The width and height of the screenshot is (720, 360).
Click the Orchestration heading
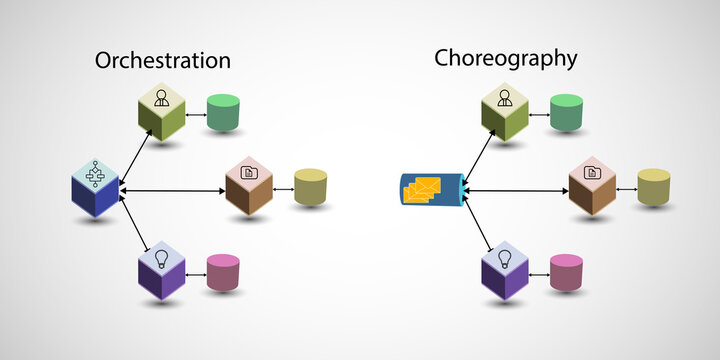coord(162,61)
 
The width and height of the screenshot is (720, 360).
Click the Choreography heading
coord(505,58)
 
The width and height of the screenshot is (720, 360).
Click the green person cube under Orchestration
coord(161,112)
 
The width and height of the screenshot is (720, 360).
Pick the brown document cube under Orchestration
coord(249,186)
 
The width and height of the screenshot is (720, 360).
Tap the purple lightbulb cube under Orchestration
coord(161,271)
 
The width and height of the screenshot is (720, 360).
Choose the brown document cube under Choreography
coord(592,186)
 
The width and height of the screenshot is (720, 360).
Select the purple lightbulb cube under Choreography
coord(505,270)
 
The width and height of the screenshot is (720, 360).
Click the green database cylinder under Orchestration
coord(222,112)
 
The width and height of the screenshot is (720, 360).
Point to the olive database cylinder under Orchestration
coord(310,187)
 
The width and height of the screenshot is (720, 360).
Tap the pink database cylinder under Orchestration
coord(222,272)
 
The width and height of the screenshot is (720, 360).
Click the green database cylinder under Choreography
coord(566,112)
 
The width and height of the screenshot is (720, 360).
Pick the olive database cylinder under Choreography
coord(653,187)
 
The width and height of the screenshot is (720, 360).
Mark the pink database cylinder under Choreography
coord(566,272)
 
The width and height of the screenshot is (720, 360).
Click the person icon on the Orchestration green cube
coord(161,98)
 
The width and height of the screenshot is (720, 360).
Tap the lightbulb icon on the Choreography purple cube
coord(505,257)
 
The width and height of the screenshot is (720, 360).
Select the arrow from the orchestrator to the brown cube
coord(172,189)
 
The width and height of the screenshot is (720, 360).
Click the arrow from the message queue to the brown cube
coord(516,189)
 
